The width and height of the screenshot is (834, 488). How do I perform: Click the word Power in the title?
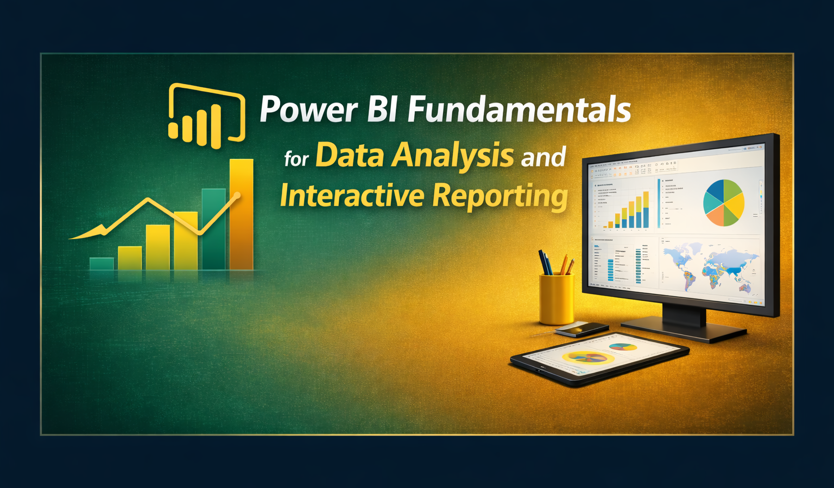point(308,110)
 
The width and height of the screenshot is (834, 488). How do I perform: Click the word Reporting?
point(500,197)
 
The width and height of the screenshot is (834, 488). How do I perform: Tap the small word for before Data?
point(296,159)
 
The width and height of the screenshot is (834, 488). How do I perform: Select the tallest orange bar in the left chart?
point(241,214)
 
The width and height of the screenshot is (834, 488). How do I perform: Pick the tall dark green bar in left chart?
point(213,229)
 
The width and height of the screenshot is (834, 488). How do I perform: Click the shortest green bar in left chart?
point(102,264)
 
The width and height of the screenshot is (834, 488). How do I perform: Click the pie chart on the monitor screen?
point(724,202)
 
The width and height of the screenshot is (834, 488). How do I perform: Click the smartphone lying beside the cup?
point(582,329)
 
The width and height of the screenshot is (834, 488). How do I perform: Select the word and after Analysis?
point(544,157)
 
